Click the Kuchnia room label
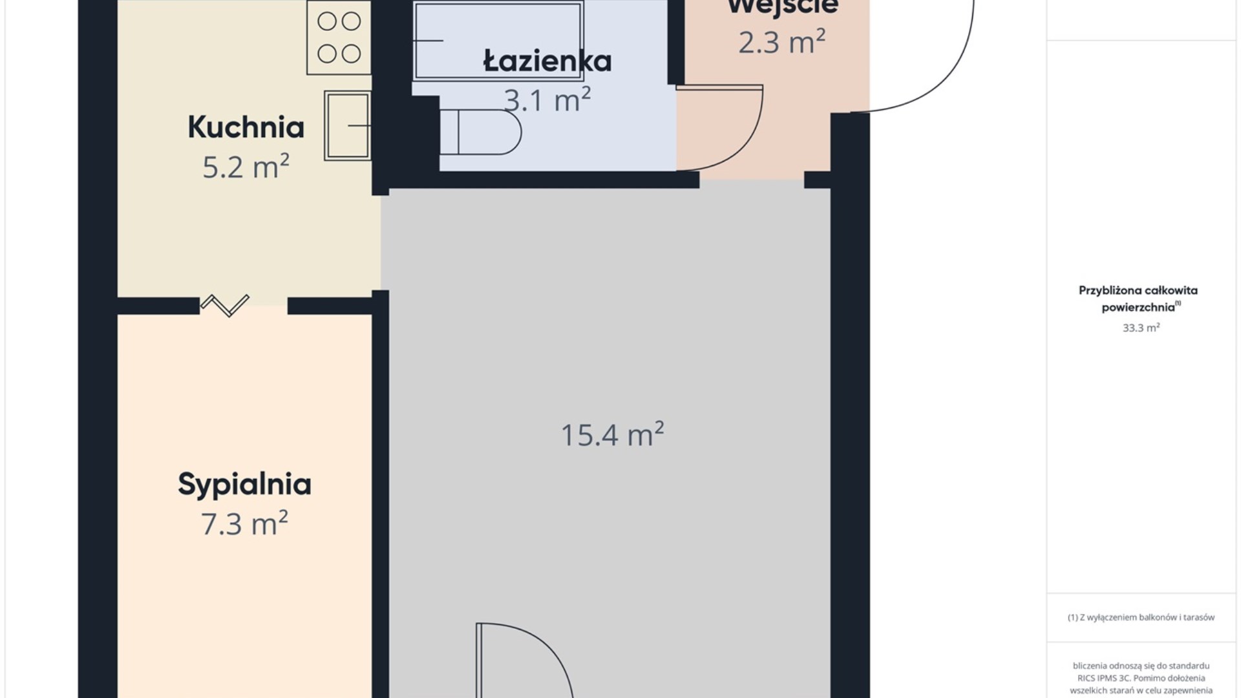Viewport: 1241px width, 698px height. (246, 127)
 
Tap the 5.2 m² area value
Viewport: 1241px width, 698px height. (246, 167)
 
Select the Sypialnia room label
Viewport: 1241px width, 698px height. (244, 484)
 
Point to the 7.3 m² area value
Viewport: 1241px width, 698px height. (244, 524)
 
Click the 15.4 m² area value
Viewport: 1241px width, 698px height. (611, 435)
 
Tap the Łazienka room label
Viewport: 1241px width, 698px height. (547, 61)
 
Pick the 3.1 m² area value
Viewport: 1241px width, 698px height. (547, 101)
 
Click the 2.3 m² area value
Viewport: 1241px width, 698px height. (781, 43)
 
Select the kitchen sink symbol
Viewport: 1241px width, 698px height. (348, 125)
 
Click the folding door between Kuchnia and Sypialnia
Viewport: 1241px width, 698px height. (224, 304)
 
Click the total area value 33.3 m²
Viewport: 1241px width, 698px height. (1141, 328)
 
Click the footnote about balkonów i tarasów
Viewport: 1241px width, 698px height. (1141, 617)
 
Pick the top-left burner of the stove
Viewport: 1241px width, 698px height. (327, 21)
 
